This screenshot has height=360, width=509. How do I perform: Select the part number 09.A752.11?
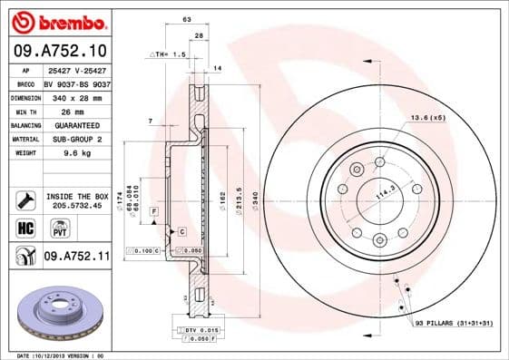pyautogui.click(x=76, y=257)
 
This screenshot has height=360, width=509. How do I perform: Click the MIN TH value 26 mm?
pyautogui.click(x=60, y=111)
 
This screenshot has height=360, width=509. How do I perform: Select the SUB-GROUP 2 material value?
pyautogui.click(x=73, y=140)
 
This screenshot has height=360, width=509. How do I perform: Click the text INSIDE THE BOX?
pyautogui.click(x=76, y=196)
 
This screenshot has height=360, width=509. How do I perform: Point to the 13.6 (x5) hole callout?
pyautogui.click(x=427, y=118)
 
